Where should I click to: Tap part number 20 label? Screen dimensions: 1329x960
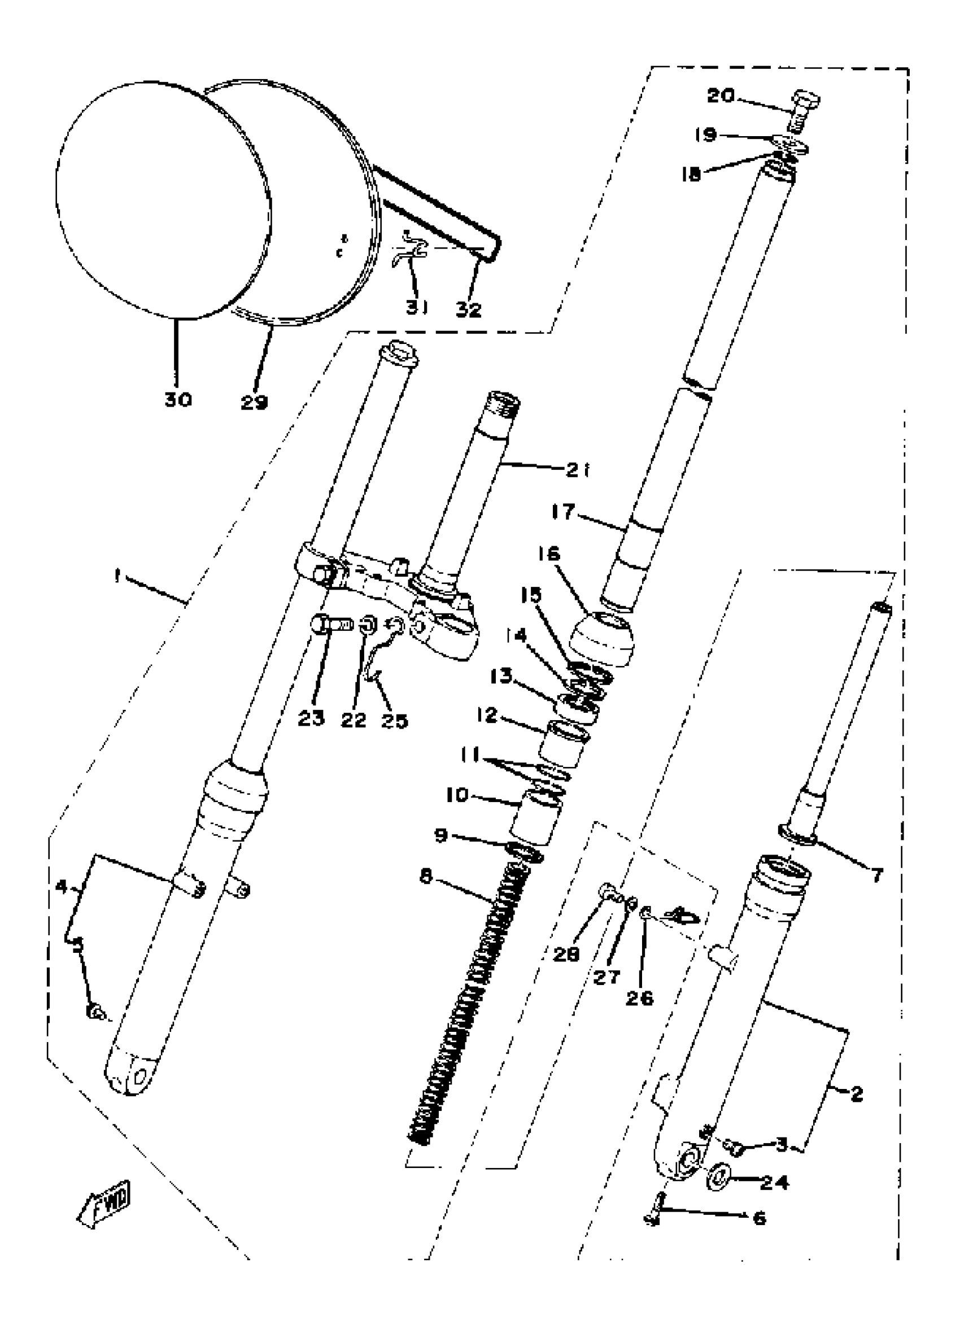721,95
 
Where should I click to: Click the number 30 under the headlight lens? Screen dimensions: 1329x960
178,400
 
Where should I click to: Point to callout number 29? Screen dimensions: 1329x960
254,402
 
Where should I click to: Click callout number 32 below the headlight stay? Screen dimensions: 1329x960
469,309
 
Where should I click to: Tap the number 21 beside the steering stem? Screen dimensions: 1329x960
578,470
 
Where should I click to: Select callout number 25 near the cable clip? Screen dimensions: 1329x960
394,720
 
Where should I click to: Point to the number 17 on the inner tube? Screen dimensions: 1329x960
564,512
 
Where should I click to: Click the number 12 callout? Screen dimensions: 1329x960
486,716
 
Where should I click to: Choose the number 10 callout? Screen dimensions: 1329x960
457,795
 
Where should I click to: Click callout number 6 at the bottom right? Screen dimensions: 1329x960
759,1219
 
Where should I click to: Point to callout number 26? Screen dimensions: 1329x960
640,997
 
